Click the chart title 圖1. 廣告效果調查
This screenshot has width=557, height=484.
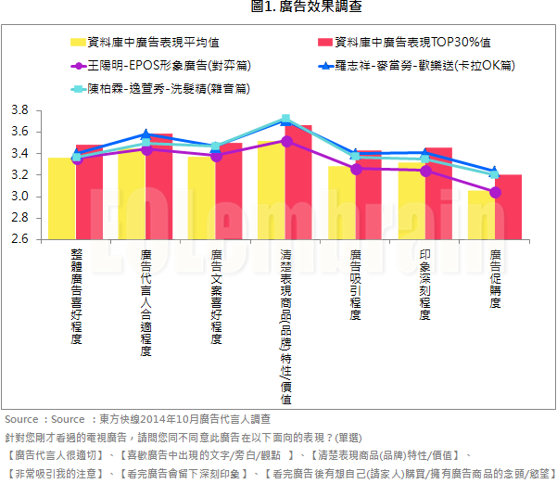[306, 7]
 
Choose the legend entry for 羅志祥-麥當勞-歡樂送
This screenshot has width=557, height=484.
[407, 67]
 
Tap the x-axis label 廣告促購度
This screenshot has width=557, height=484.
[496, 278]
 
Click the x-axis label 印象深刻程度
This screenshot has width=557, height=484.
[425, 284]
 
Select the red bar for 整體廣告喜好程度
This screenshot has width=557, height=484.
[89, 195]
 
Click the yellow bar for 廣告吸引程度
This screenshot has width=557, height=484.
[342, 204]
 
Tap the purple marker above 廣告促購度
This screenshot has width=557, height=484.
[496, 192]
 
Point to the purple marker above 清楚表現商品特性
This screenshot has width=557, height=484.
[286, 141]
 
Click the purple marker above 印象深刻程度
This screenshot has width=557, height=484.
[425, 171]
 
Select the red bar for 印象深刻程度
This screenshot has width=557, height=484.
[438, 195]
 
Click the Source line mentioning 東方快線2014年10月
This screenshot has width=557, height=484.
[137, 419]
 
